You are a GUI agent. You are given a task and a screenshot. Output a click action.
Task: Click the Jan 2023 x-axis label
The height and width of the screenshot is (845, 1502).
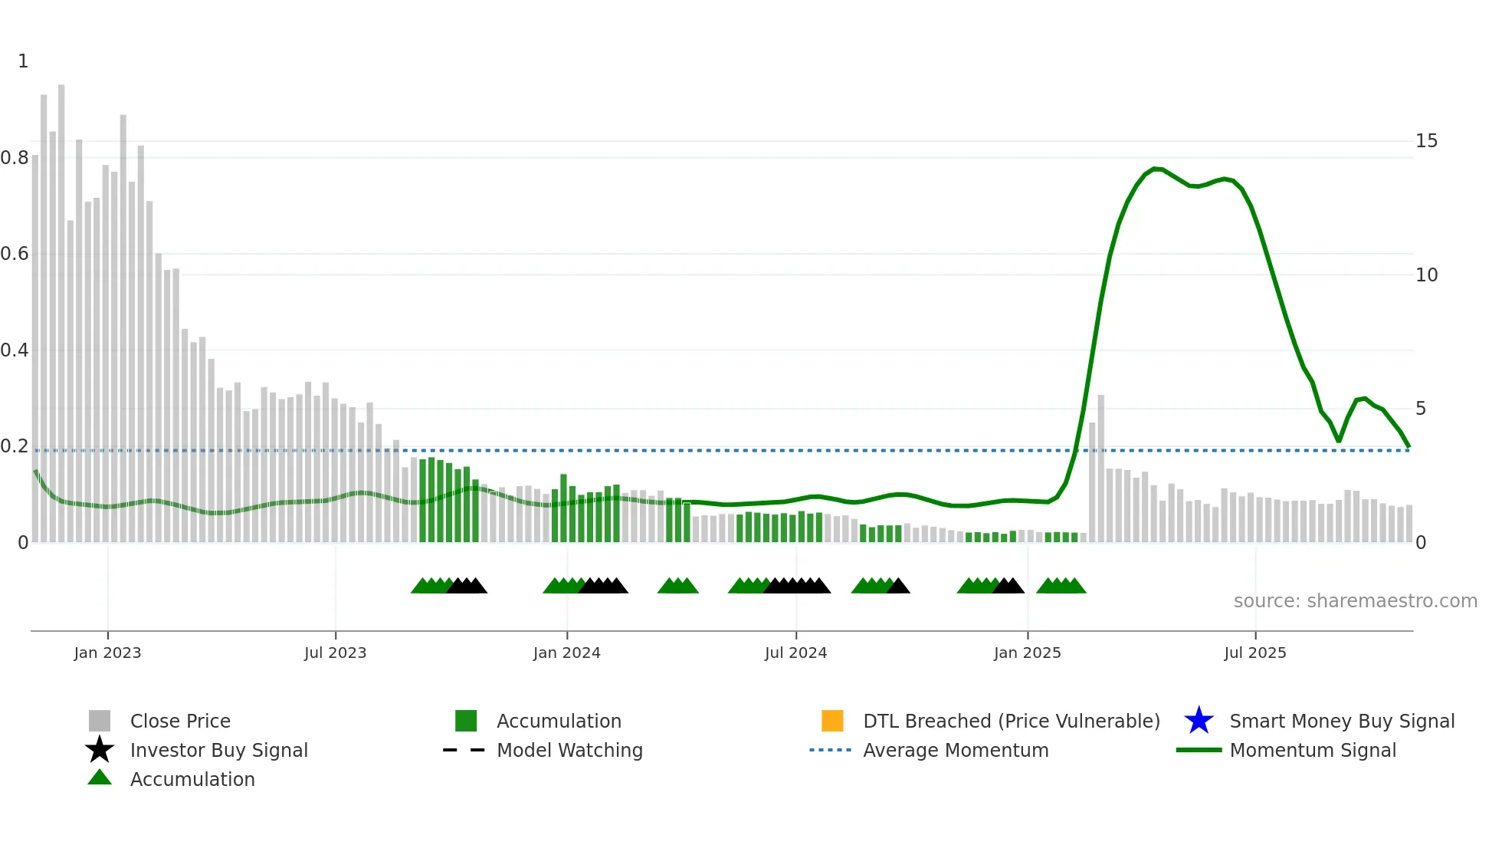coord(107,653)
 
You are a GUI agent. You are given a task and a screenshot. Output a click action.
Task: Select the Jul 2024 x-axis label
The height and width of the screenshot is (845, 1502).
coord(795,653)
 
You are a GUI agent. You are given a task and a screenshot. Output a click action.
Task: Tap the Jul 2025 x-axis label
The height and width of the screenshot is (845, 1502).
coord(1254,653)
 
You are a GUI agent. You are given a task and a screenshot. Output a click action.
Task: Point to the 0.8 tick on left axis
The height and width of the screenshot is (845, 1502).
coord(15,158)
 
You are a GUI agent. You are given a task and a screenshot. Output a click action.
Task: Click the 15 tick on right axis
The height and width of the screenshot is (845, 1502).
coord(1426,141)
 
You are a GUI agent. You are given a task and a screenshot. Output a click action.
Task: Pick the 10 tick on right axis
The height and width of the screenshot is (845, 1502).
coord(1426,275)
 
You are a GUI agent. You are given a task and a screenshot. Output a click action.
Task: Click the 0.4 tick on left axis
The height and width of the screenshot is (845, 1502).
coord(15,350)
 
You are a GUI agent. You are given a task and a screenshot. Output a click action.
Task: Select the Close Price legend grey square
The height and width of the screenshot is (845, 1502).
coord(100,721)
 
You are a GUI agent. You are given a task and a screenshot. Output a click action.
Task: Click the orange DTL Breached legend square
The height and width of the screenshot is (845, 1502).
coord(832,721)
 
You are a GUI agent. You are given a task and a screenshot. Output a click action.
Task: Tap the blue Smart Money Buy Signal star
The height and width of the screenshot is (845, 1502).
coord(1199,721)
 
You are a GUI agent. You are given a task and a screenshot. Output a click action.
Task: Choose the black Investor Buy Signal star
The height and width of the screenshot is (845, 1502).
coord(100,750)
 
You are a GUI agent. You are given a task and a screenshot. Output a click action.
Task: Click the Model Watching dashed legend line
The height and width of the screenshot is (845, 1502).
coord(464,750)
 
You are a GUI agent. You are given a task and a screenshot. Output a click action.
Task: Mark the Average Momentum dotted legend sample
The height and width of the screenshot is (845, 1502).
coord(831,750)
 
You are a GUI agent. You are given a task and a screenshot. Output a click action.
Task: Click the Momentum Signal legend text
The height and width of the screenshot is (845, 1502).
coord(1313,750)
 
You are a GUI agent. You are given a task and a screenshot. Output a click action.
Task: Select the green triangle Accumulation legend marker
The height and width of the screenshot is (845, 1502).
coord(100,778)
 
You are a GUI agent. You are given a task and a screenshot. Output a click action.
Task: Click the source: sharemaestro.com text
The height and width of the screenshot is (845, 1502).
coord(1355,601)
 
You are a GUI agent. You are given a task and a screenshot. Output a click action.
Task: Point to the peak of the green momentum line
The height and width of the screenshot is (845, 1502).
coord(1155,168)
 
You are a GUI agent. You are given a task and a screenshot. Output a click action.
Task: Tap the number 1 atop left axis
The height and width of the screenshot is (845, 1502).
coord(23,61)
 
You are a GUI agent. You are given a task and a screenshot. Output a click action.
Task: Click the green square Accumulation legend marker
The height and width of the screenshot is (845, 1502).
coord(466,721)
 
